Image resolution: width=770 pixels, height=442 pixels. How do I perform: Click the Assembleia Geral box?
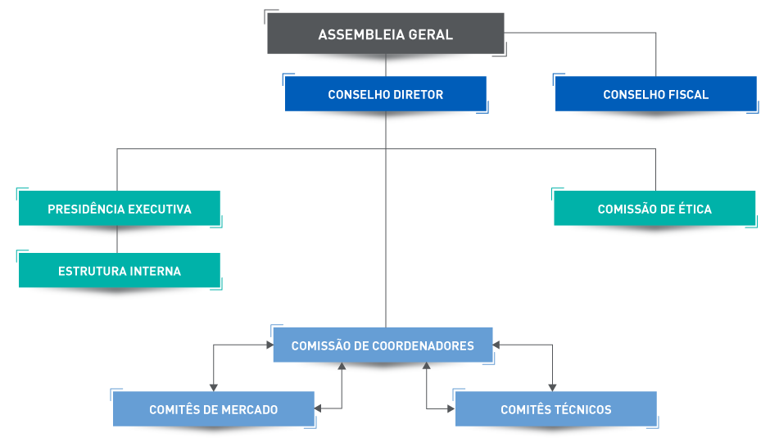(385, 34)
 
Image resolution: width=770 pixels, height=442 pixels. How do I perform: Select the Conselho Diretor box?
(385, 94)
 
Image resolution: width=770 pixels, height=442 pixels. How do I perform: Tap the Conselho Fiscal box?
(655, 94)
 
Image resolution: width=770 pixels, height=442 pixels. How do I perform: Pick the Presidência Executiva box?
(120, 209)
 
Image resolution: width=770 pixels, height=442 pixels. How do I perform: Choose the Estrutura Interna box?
(120, 271)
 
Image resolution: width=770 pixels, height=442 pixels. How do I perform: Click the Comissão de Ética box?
(654, 209)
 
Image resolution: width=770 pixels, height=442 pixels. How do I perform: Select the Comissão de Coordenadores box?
(383, 345)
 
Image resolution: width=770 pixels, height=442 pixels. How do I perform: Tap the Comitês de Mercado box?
(213, 409)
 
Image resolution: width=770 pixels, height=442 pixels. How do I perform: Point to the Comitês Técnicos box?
(555, 409)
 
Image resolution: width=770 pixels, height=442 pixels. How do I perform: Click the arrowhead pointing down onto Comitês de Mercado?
(213, 387)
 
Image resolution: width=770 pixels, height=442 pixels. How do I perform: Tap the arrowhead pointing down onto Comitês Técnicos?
(552, 387)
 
